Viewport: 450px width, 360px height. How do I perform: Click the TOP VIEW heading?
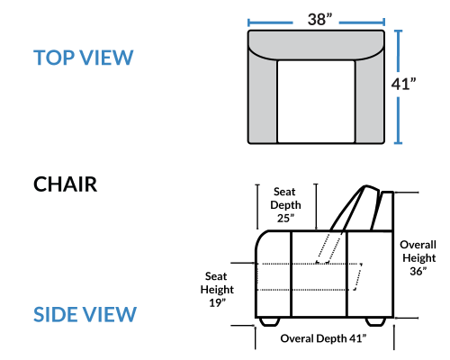click(x=83, y=58)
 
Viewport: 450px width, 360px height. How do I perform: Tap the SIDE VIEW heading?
click(x=85, y=314)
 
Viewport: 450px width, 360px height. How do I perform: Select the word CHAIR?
click(x=65, y=184)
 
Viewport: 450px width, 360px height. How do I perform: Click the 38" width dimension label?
click(x=319, y=19)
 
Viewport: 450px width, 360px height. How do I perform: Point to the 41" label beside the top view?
click(x=403, y=84)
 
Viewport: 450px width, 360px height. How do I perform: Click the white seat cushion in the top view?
click(x=316, y=102)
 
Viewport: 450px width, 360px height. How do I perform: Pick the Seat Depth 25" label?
click(x=285, y=205)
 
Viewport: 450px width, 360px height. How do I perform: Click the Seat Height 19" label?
click(x=217, y=290)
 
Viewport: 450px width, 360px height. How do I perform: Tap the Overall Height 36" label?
click(x=418, y=257)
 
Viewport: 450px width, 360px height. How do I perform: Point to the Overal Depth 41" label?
click(x=323, y=338)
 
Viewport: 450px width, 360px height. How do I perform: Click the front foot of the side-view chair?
click(x=268, y=321)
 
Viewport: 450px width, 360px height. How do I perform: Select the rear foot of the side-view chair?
click(x=375, y=321)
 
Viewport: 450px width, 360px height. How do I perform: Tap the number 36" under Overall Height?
click(x=418, y=271)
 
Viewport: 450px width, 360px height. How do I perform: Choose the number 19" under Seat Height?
click(x=217, y=302)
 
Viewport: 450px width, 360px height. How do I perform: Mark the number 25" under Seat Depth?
click(x=285, y=219)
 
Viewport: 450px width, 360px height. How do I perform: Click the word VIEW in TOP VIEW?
click(x=106, y=58)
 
